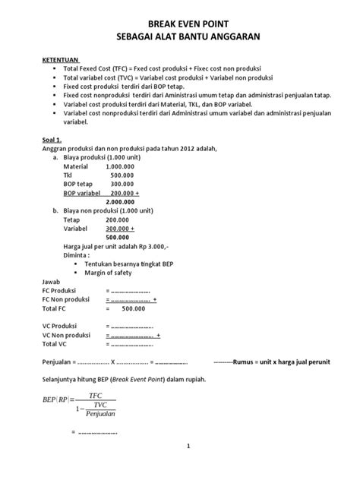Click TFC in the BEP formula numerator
point(95,396)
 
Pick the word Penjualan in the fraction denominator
point(100,415)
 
